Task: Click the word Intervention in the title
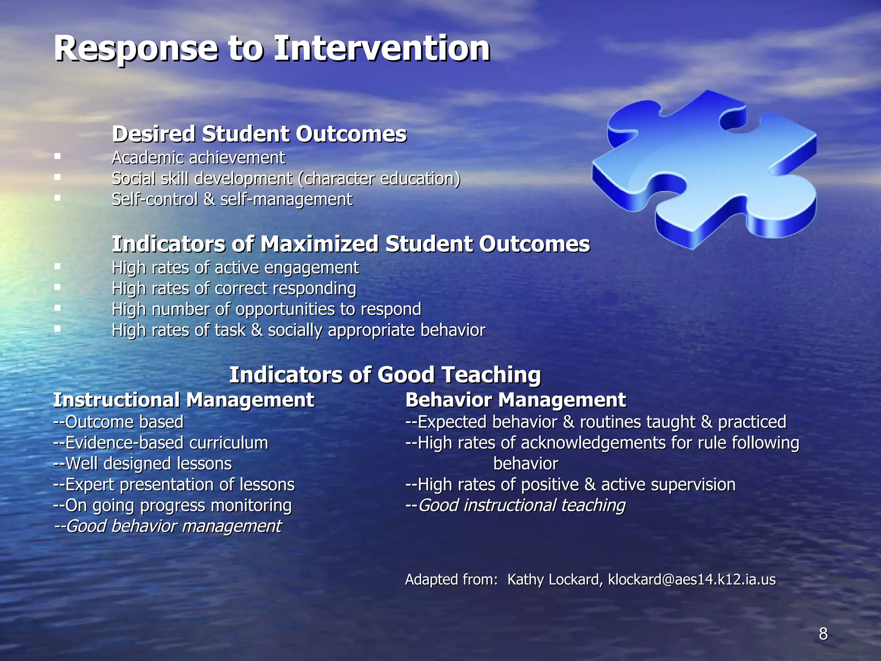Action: point(382,48)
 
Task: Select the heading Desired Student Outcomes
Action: point(259,134)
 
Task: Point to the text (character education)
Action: point(379,179)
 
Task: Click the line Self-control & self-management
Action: point(231,200)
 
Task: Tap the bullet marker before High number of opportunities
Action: point(57,308)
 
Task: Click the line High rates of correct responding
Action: point(234,288)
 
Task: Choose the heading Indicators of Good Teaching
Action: point(385,374)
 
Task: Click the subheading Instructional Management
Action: point(184,400)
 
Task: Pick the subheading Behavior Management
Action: point(515,400)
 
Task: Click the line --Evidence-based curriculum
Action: point(160,443)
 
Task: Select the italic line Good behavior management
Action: point(168,526)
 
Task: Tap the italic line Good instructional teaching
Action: point(515,505)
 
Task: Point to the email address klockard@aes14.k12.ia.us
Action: point(692,580)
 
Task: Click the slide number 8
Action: point(823,634)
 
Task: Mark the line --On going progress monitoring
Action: point(172,506)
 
